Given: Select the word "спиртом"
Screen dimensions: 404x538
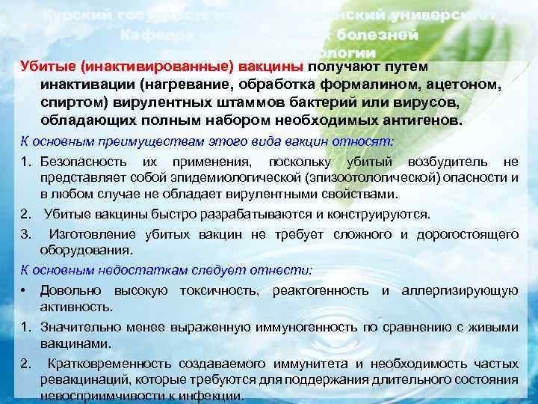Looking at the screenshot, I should click(x=71, y=102).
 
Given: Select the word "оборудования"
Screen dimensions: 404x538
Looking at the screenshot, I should click(x=86, y=251).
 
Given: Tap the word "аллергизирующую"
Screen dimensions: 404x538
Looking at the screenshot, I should click(x=460, y=290).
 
